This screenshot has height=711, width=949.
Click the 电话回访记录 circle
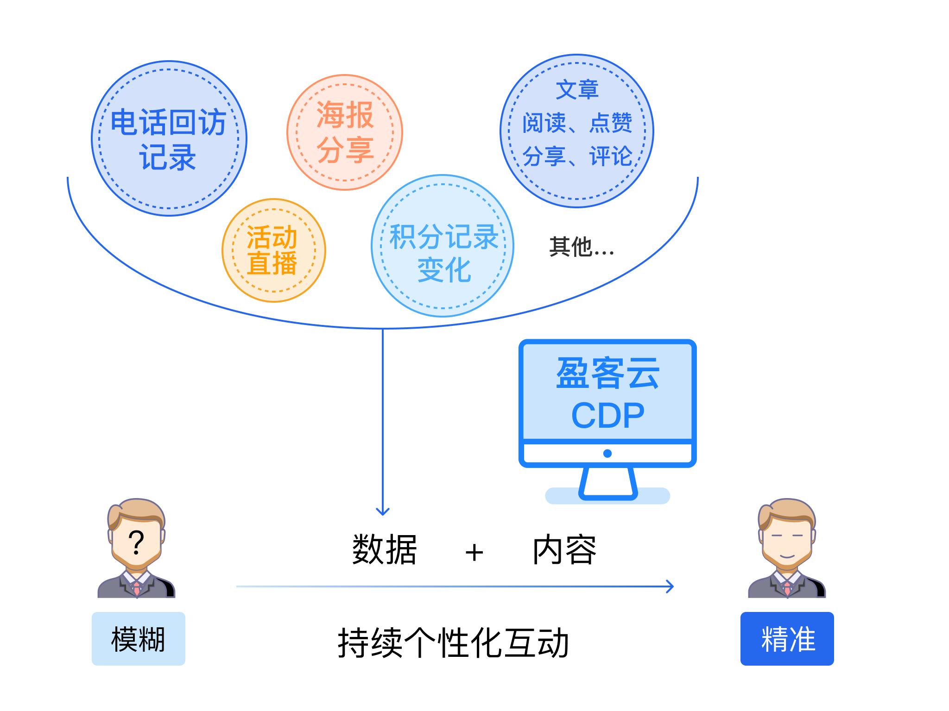[x=169, y=138]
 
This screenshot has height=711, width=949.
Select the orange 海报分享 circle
[x=345, y=132]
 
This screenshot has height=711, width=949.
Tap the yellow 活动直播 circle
[x=273, y=250]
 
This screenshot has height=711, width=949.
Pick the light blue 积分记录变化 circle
[x=443, y=246]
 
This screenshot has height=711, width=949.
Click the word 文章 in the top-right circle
[x=577, y=90]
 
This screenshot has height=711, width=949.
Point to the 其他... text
[x=581, y=247]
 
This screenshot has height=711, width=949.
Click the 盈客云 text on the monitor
[x=607, y=374]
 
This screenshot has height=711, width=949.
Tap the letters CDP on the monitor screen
[x=607, y=416]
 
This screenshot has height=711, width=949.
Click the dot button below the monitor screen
[x=607, y=454]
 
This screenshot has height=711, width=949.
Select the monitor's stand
[x=607, y=484]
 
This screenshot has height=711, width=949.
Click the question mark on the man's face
[x=136, y=543]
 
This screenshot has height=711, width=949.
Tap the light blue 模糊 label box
[x=138, y=639]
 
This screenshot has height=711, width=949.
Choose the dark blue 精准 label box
[x=787, y=639]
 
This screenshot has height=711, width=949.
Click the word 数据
[x=384, y=550]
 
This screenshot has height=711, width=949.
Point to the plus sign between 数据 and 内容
[x=474, y=553]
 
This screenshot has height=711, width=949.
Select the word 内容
[x=564, y=550]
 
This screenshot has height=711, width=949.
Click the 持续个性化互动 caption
[x=453, y=642]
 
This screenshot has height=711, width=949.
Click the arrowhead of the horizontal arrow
[x=670, y=586]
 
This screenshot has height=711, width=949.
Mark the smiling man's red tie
[x=787, y=588]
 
